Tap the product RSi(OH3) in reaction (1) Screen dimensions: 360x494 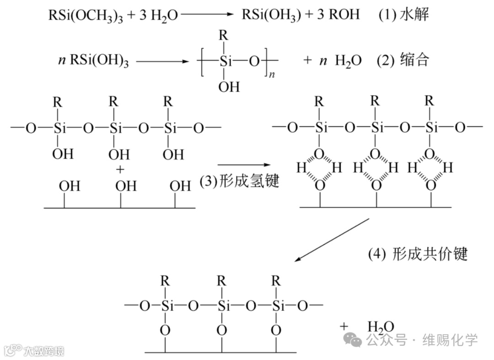[271, 16]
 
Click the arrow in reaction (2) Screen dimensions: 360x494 [162, 60]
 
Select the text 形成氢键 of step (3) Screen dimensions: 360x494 [249, 182]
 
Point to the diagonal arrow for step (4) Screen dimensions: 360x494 [332, 240]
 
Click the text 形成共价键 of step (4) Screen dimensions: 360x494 [430, 254]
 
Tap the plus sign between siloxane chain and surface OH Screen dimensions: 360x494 [120, 170]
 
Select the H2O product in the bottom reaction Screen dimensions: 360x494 [381, 327]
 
